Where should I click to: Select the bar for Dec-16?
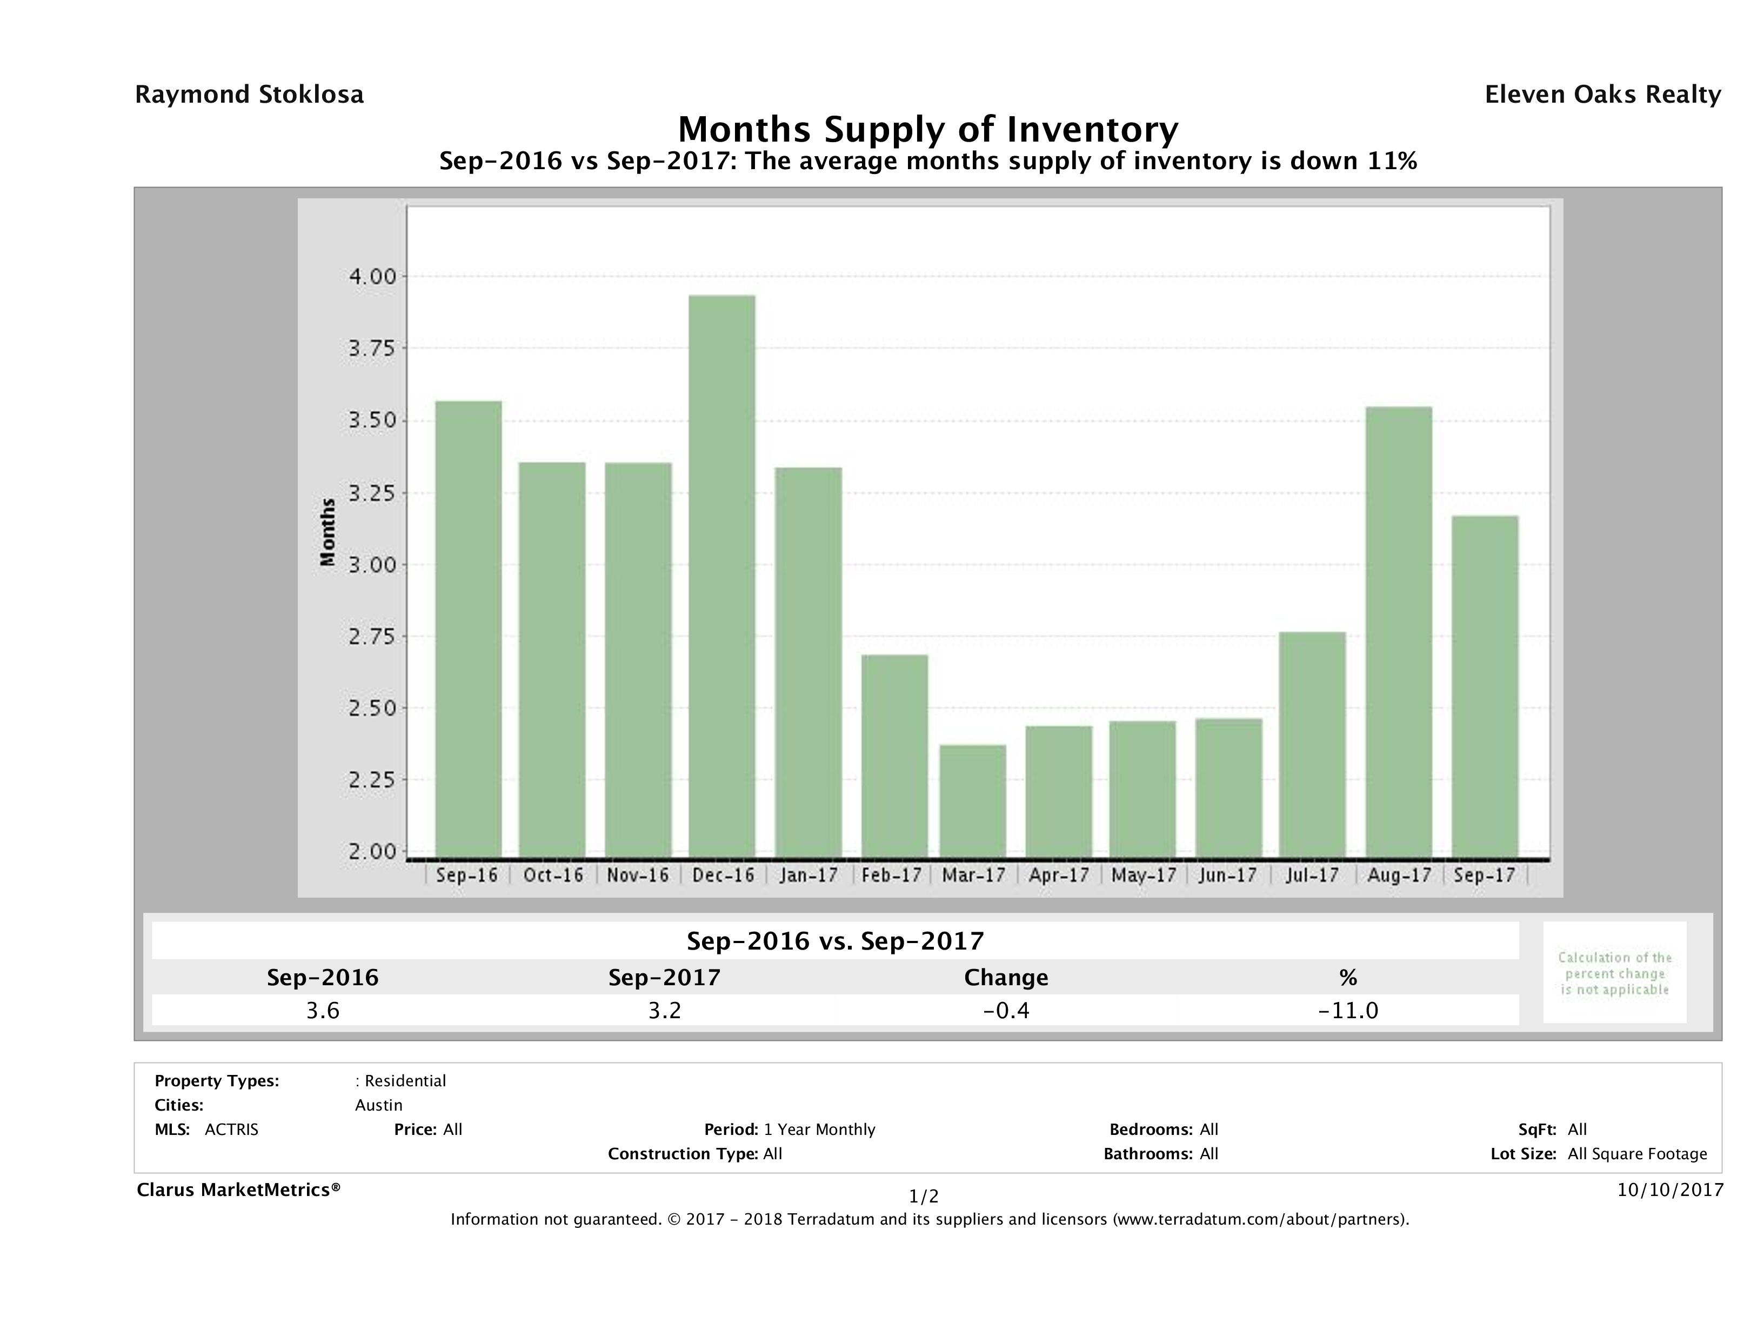[x=721, y=576]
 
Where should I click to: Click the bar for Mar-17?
[x=973, y=801]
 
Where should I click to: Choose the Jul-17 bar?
[x=1312, y=745]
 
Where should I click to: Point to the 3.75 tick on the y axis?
[x=372, y=348]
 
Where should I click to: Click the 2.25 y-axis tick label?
[x=372, y=780]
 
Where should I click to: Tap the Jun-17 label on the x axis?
[x=1227, y=875]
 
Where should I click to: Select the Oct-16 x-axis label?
[x=553, y=875]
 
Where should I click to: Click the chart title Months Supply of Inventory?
[x=928, y=129]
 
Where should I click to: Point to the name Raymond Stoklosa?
[x=249, y=95]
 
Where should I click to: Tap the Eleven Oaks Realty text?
[x=1602, y=95]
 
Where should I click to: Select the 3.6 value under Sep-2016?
[x=323, y=1010]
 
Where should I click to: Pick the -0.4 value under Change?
[x=1006, y=1010]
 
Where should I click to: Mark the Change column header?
[x=1006, y=978]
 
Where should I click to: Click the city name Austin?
[x=378, y=1105]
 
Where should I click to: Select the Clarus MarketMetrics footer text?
[x=238, y=1190]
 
